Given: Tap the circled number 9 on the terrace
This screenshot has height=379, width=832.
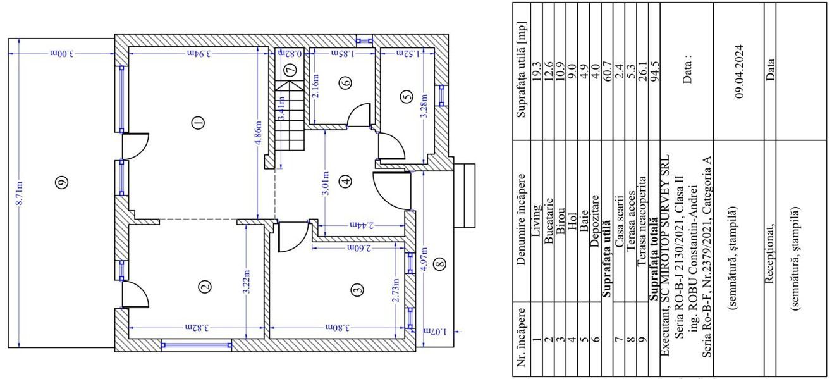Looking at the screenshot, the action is click(x=62, y=182).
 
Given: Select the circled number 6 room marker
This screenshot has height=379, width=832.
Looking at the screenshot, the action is click(x=345, y=82).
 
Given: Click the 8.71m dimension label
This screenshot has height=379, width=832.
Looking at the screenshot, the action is click(x=20, y=193).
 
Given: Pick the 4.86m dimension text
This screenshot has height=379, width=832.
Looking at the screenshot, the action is click(x=259, y=134).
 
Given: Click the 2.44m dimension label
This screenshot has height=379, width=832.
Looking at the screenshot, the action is click(x=362, y=225).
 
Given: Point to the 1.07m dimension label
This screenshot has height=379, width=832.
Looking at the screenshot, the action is click(x=436, y=332).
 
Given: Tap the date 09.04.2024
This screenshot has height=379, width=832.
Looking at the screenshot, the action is click(x=740, y=71).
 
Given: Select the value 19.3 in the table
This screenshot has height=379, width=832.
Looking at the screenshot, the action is click(x=536, y=71).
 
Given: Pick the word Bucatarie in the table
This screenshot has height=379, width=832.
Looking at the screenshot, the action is click(x=548, y=221).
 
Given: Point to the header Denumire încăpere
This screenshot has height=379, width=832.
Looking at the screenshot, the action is click(x=521, y=219).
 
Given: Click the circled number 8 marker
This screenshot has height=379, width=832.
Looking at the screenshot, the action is click(x=440, y=264).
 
